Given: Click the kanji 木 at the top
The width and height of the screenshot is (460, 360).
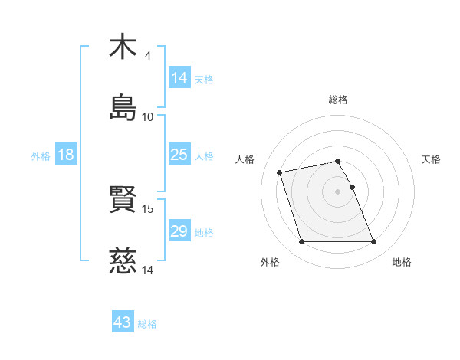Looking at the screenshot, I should click(x=123, y=47).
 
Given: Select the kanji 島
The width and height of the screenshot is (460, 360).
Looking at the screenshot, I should click(x=123, y=107).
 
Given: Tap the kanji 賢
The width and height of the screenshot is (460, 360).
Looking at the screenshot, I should click(x=123, y=200).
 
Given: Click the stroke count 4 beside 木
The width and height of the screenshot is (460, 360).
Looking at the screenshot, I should click(x=148, y=56).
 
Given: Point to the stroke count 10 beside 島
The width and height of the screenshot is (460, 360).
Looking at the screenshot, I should click(x=148, y=116).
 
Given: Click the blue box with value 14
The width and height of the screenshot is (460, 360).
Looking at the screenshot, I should click(x=179, y=78).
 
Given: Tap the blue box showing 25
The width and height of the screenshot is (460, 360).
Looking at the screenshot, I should click(x=179, y=155).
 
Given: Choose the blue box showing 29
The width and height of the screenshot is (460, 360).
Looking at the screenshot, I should click(x=179, y=231).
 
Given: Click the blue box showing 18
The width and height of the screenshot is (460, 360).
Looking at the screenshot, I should click(x=66, y=155).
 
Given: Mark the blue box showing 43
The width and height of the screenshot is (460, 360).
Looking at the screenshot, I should click(x=123, y=322).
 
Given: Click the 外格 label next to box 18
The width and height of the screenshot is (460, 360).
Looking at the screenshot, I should click(x=41, y=156).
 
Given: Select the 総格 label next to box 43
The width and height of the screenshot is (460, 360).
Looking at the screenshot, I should click(x=147, y=324).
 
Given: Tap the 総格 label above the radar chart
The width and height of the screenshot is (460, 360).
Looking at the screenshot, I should click(x=338, y=100).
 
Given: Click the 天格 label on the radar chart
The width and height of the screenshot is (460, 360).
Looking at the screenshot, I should click(x=432, y=159).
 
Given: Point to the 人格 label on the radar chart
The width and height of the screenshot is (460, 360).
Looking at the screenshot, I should click(x=245, y=159).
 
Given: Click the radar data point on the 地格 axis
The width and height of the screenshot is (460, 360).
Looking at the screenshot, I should click(x=373, y=242).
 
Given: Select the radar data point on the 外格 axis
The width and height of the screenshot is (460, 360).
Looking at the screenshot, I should click(x=301, y=242).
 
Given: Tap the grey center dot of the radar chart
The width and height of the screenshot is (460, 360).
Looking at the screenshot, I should click(x=338, y=191).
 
